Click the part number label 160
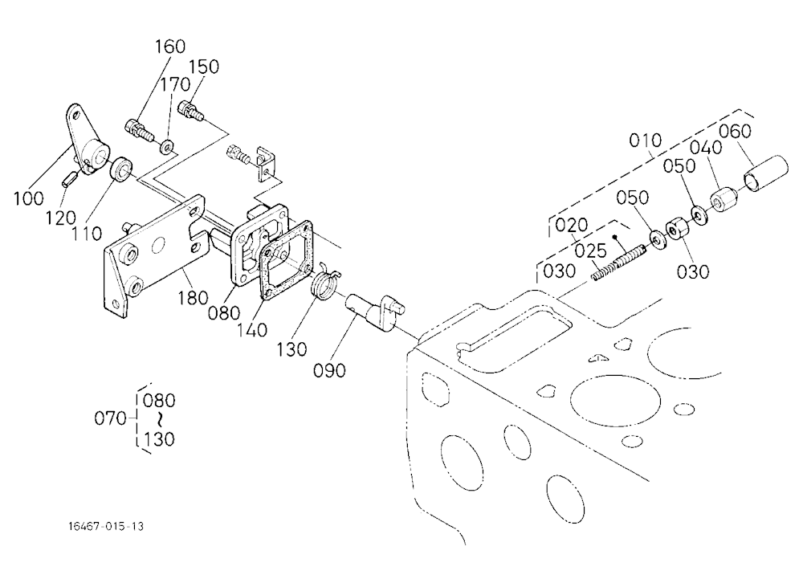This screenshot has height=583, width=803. click(170, 47)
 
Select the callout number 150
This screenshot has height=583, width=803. click(204, 67)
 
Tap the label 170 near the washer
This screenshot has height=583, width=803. click(176, 84)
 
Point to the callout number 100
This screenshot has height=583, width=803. click(29, 198)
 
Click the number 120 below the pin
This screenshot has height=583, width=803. click(60, 218)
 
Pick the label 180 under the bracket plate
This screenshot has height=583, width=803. click(193, 298)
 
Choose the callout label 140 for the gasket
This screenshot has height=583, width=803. click(252, 330)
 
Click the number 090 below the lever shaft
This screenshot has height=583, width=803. click(329, 370)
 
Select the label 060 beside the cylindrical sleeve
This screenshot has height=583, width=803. click(735, 132)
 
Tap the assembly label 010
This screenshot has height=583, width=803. click(646, 141)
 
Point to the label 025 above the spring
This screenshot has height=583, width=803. click(590, 251)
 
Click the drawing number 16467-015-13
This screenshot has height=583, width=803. click(106, 526)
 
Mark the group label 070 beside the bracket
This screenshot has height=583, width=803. click(110, 418)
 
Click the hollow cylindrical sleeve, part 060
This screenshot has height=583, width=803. click(765, 173)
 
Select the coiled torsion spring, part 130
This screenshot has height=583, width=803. click(324, 283)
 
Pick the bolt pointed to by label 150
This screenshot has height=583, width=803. click(192, 111)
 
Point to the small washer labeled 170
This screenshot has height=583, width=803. click(166, 147)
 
